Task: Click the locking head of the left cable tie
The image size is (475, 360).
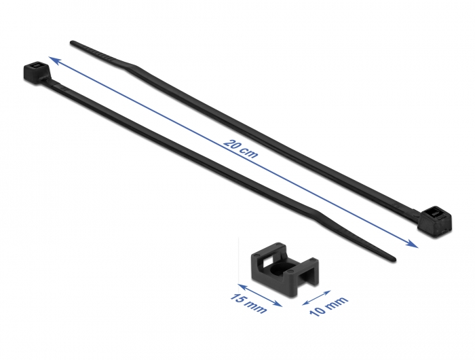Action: [x=36, y=71]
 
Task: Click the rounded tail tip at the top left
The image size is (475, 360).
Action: [x=72, y=43]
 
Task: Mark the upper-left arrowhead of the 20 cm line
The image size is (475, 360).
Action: [x=53, y=60]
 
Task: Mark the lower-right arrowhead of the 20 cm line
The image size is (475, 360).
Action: [x=414, y=244]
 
